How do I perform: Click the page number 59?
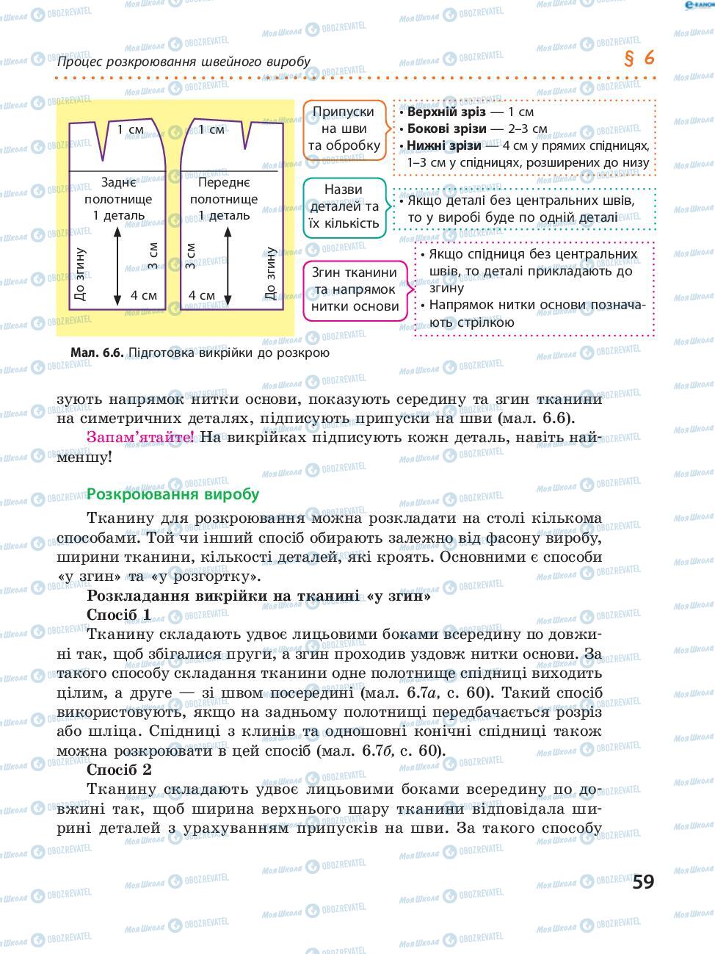tap(642, 881)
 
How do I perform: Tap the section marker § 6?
tap(639, 59)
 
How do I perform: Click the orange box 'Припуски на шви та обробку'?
tap(344, 129)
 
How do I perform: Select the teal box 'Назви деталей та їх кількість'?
tap(343, 206)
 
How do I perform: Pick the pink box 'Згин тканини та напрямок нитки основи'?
tap(354, 289)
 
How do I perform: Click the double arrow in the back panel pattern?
tap(117, 267)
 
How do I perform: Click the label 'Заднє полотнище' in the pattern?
tap(118, 191)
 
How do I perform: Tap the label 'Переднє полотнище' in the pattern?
tap(224, 191)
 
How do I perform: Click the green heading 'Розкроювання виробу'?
tap(173, 494)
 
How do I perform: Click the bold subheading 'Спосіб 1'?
tap(119, 614)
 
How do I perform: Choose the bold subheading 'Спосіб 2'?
tap(119, 770)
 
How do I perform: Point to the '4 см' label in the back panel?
tap(144, 296)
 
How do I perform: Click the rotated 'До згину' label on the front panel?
tap(269, 274)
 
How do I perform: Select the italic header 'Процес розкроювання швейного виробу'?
tap(184, 62)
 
